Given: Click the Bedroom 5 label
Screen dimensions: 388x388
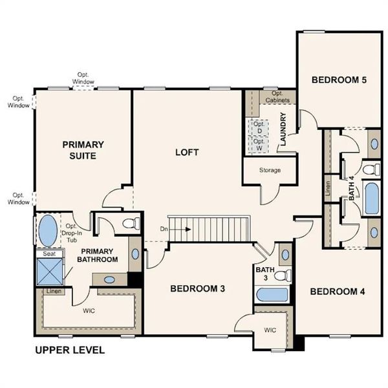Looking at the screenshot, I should coord(339,80).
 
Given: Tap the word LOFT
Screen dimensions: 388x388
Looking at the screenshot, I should coord(187,153).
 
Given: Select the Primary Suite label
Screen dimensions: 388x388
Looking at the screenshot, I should coord(83,150).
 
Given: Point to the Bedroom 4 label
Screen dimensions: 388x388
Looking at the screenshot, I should coord(338,292).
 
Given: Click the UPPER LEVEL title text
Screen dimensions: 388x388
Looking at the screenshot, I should coord(69,350).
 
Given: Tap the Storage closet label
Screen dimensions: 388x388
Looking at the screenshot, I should coord(270,171).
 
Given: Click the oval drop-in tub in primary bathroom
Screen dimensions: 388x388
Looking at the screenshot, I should coord(48,231).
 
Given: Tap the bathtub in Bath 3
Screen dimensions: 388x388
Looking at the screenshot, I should coord(271,294).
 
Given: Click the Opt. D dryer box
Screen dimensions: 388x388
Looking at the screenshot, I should coord(259,127).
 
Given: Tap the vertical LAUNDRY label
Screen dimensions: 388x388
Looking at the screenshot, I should coord(283,130).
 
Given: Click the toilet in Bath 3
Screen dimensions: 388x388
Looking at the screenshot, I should coord(281,275).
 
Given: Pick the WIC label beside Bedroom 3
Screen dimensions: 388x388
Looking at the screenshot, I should coord(270,329).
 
